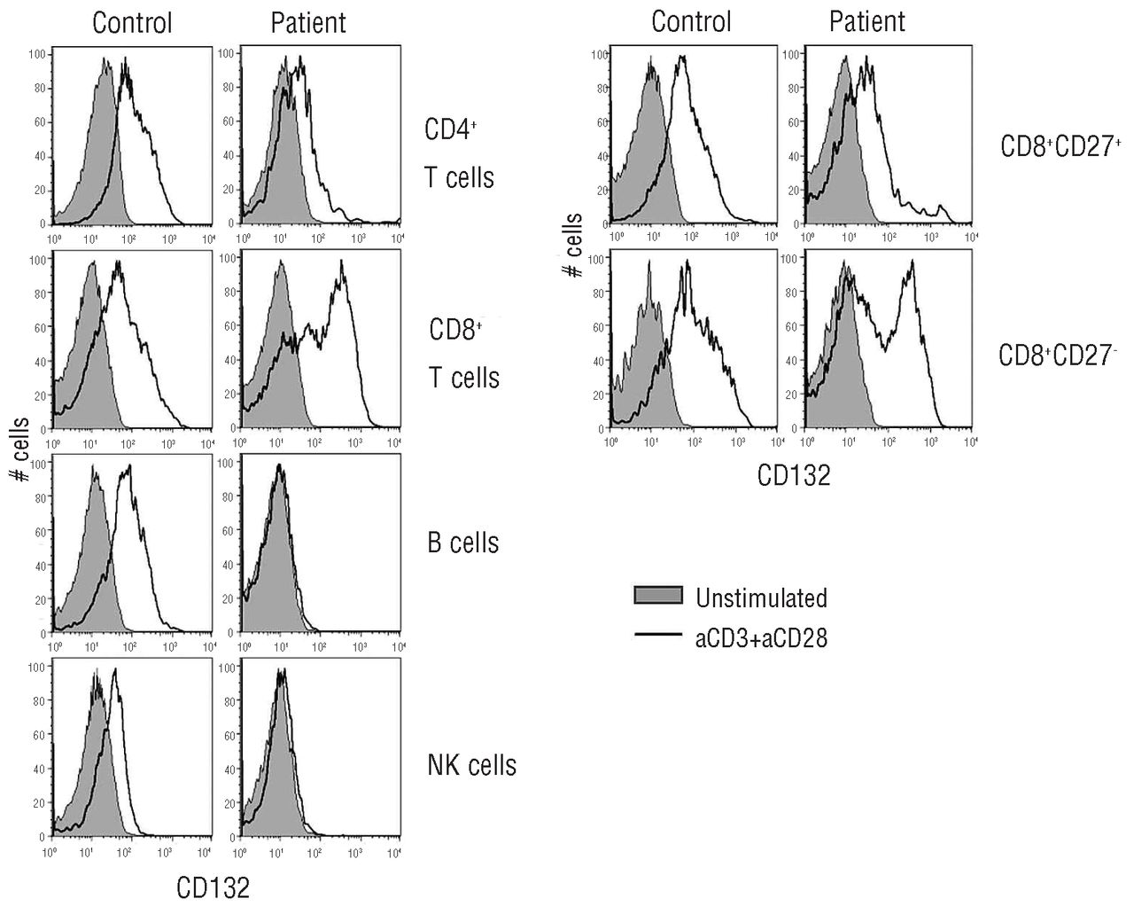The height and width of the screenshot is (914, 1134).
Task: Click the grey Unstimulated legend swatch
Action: tap(658, 597)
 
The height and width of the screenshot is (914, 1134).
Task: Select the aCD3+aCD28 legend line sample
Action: tap(658, 635)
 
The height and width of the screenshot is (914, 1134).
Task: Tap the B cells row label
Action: tap(463, 543)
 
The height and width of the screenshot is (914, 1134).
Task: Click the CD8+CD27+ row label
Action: tap(1060, 147)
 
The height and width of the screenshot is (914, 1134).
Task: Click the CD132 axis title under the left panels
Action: tap(214, 887)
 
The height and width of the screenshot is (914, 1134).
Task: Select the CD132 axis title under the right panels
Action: tap(794, 476)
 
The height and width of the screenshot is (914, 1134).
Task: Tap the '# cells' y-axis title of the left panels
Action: tap(19, 450)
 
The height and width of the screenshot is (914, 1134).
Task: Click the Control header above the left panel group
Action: tap(132, 22)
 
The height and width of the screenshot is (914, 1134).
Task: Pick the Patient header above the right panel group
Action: tap(867, 20)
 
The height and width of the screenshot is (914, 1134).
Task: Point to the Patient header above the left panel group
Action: tap(308, 22)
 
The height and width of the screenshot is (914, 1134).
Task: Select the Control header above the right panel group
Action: tap(691, 20)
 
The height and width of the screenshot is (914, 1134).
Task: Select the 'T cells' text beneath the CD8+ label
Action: tap(464, 379)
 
